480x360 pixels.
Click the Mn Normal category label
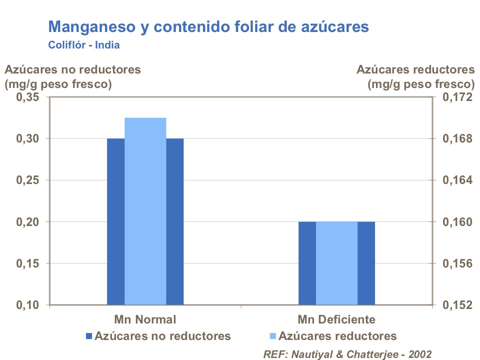point(145,319)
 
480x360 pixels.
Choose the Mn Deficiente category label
point(336,319)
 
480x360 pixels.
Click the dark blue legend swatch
point(89,336)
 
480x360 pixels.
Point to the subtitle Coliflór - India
point(83,44)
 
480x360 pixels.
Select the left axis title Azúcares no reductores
point(72,69)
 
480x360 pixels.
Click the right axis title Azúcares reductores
point(415,69)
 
